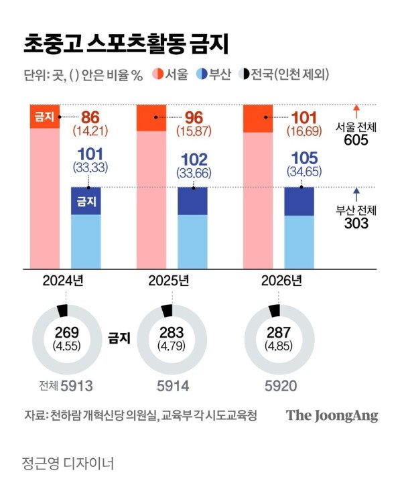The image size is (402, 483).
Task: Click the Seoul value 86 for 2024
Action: coord(90,115)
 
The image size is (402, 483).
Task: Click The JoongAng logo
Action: coord(332,415)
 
